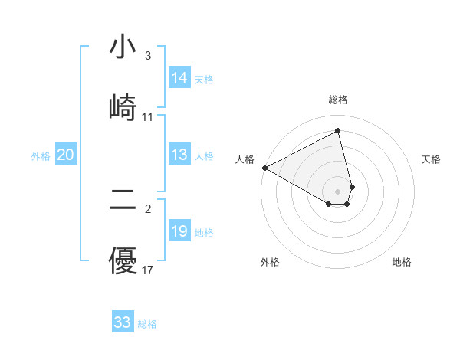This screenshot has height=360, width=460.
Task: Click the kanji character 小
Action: [x=123, y=47]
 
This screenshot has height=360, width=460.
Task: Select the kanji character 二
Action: [x=123, y=201]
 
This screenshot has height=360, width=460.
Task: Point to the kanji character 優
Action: [x=123, y=260]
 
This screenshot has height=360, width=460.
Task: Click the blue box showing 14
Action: [x=179, y=78]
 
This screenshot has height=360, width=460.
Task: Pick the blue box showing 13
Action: [x=179, y=155]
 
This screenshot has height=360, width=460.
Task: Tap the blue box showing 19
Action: [x=179, y=231]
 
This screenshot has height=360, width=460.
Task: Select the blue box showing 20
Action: [x=65, y=155]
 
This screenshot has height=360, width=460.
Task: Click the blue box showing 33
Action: [x=123, y=322]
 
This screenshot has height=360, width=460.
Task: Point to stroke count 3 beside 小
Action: [x=148, y=56]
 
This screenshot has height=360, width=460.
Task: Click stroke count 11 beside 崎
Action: [x=148, y=117]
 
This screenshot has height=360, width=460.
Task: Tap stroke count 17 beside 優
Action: [x=148, y=270]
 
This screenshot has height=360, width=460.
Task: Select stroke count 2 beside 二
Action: [x=148, y=209]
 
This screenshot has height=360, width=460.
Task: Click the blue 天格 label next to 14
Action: [x=204, y=80]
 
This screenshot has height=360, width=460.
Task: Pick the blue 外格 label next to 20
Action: [x=41, y=156]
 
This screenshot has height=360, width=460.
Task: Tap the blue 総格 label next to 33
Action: [x=147, y=324]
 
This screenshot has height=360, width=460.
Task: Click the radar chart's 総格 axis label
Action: [x=338, y=100]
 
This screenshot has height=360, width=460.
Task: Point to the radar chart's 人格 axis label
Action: [x=245, y=159]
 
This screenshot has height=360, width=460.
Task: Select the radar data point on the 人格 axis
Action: [x=264, y=168]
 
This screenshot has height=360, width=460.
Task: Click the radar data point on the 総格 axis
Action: [x=338, y=130]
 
